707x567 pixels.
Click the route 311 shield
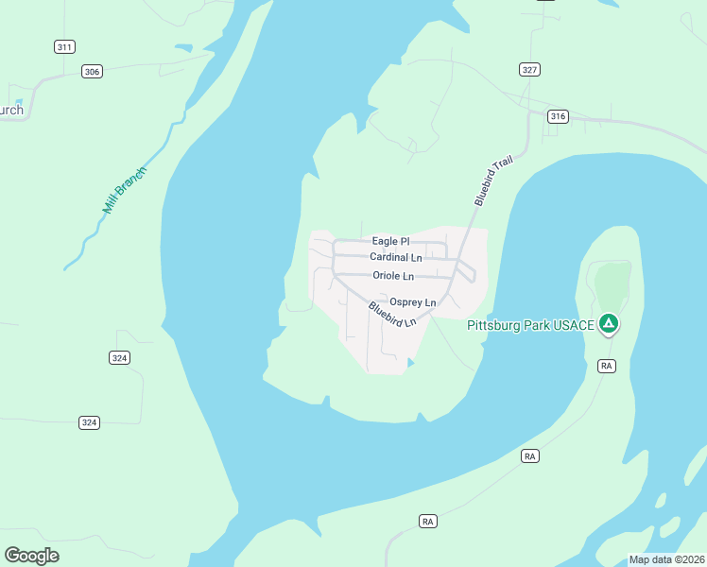coord(64,46)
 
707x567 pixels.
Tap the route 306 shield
coord(91,71)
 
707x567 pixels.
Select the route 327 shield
coord(529,69)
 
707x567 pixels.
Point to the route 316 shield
coord(557,116)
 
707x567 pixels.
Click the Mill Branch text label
coord(126,191)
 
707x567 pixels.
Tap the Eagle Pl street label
coord(390,242)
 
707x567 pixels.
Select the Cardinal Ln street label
coord(396,257)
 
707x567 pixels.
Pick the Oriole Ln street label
coord(393,276)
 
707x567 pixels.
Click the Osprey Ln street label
coord(413,301)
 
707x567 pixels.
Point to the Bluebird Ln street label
coord(392,315)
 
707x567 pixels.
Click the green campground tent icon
coord(610,324)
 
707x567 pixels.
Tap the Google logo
coord(31,556)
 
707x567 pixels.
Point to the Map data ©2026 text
coord(665,559)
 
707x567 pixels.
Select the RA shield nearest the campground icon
coord(607,365)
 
